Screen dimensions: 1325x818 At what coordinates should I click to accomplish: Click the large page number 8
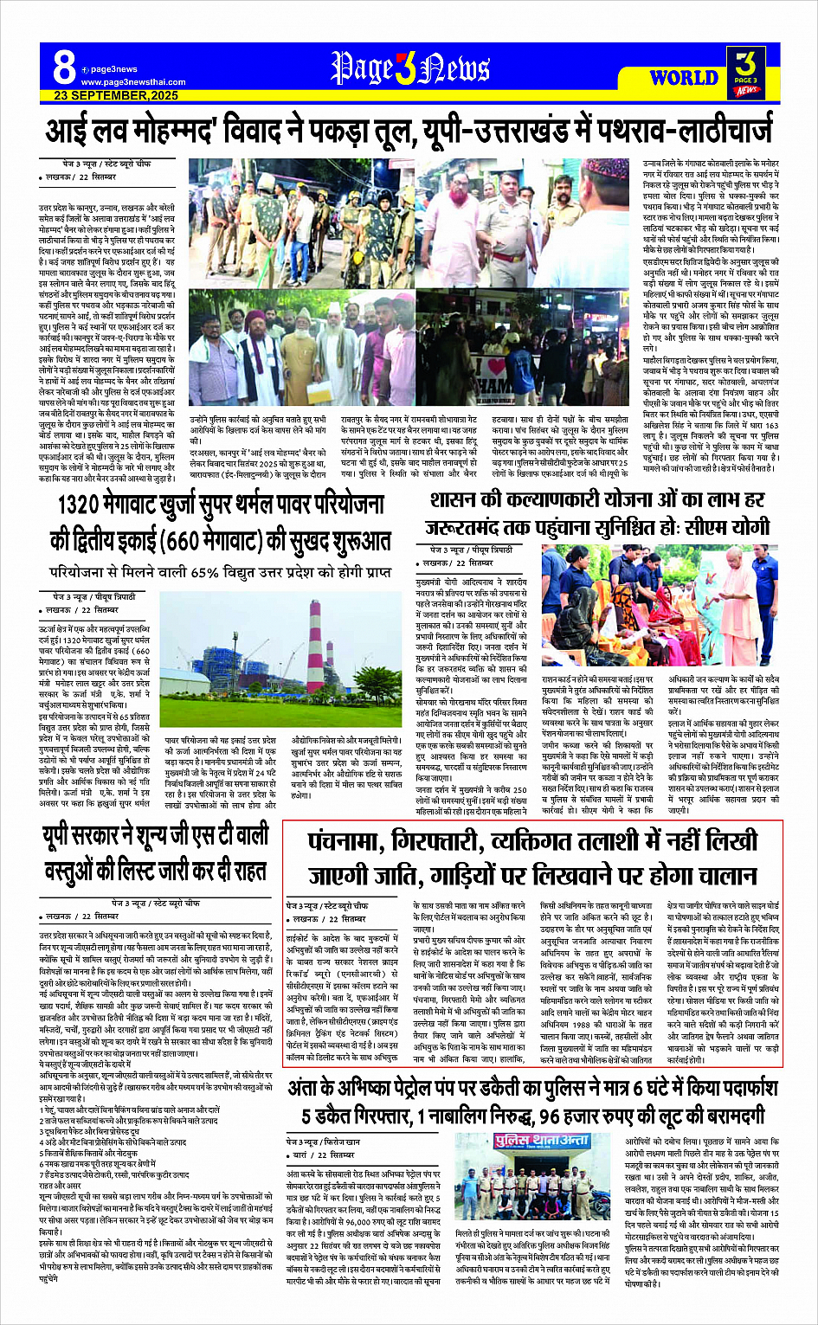[x=63, y=67]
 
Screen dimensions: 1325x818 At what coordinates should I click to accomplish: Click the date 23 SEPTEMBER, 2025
[x=116, y=95]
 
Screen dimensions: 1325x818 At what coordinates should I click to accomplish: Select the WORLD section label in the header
[x=683, y=77]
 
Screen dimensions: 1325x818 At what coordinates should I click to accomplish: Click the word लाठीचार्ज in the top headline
[x=705, y=132]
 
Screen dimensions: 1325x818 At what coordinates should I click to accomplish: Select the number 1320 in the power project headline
[x=86, y=506]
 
